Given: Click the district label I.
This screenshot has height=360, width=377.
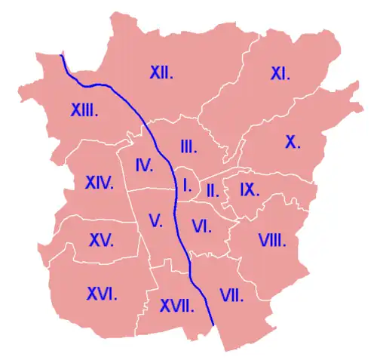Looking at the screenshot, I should tap(186, 183).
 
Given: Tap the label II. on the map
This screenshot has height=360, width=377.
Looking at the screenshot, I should tap(213, 190).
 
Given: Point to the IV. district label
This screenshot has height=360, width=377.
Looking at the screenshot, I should tap(145, 165).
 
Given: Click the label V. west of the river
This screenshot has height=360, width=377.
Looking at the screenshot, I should tap(156, 221).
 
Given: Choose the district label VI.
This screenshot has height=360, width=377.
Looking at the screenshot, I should tap(201, 225).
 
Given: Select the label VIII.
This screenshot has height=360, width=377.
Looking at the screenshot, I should tap(271, 241).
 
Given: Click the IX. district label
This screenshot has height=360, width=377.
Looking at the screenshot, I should tap(250, 189).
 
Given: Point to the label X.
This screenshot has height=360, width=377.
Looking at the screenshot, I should tap(293, 141).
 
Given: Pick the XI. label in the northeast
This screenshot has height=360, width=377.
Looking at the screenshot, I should tap(280, 74).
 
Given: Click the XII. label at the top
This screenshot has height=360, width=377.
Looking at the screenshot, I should tap(162, 73).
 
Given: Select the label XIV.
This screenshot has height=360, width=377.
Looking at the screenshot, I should tap(99, 183).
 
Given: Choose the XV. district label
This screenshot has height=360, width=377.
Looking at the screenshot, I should tap(101, 241).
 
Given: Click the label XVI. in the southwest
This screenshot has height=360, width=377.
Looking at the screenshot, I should tap(102, 293).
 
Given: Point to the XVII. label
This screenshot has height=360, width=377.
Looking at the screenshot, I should tap(177, 306).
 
